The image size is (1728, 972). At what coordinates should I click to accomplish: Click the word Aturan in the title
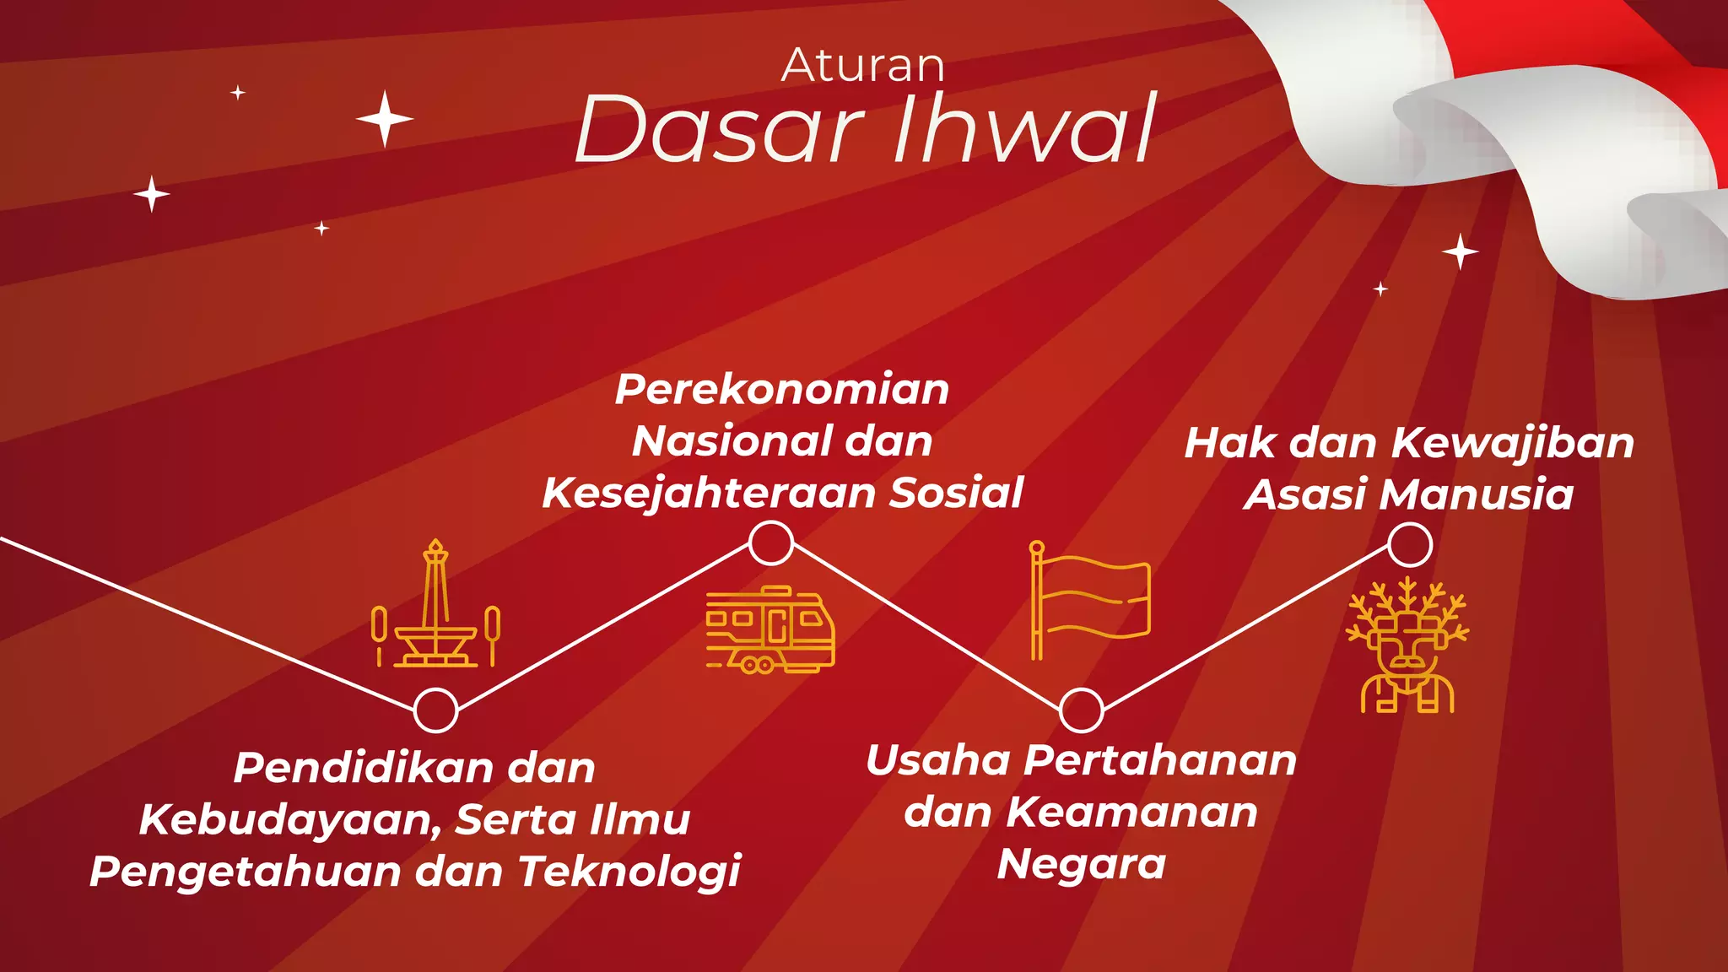[862, 66]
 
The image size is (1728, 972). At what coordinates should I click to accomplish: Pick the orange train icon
[769, 629]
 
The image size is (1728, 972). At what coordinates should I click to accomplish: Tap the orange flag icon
[1089, 600]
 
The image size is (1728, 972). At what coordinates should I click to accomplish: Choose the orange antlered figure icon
[1407, 646]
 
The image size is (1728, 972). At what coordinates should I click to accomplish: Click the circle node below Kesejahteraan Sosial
[771, 543]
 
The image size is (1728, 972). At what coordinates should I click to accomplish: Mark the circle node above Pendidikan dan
[435, 710]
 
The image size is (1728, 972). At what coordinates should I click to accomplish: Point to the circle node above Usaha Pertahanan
[1081, 710]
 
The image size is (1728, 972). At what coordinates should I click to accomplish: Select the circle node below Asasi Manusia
[1410, 544]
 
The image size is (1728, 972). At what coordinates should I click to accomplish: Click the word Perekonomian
[782, 390]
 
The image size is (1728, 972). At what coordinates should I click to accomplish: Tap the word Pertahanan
[1160, 761]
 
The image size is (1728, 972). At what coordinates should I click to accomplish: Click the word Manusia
[1477, 494]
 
